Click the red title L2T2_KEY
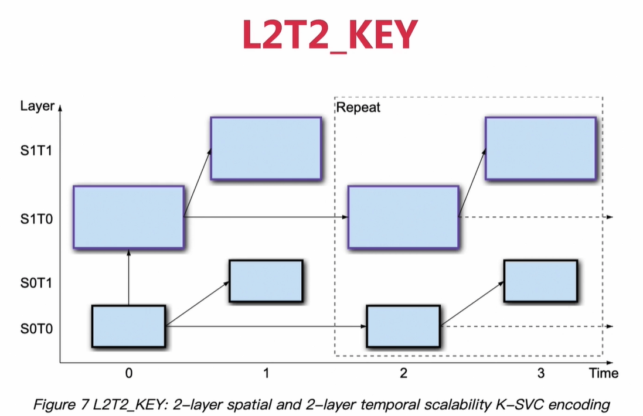coord(329,36)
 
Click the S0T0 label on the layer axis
coord(36,329)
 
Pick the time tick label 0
coord(129,373)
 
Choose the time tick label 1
coord(266,373)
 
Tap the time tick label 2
coord(403,373)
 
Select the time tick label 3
coord(540,373)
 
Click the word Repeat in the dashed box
coord(358,108)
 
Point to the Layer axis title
coord(37,106)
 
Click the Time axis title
coord(604,373)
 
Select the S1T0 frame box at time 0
coord(129,217)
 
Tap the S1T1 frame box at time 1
coord(266,148)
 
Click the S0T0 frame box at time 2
coord(403,326)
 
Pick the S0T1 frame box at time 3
coord(540,281)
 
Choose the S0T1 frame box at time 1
coord(266,281)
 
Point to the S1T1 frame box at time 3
coord(540,148)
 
